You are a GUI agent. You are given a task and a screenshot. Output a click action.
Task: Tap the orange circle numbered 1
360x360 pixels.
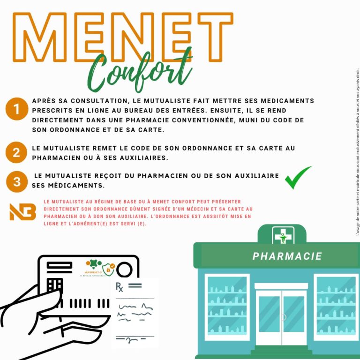16,110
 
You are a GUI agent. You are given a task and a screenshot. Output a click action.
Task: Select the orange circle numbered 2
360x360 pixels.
16,152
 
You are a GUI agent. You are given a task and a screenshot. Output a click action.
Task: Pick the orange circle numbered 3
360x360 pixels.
17,181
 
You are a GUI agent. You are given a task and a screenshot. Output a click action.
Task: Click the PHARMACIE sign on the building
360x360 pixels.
287,256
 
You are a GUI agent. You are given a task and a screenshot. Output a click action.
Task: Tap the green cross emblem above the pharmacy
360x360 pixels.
283,235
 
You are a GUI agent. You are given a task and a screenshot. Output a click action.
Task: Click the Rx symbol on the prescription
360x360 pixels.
120,287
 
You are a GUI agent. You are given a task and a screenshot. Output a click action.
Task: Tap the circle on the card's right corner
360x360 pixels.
125,270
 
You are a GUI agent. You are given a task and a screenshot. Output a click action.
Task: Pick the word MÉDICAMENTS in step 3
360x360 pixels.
71,186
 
